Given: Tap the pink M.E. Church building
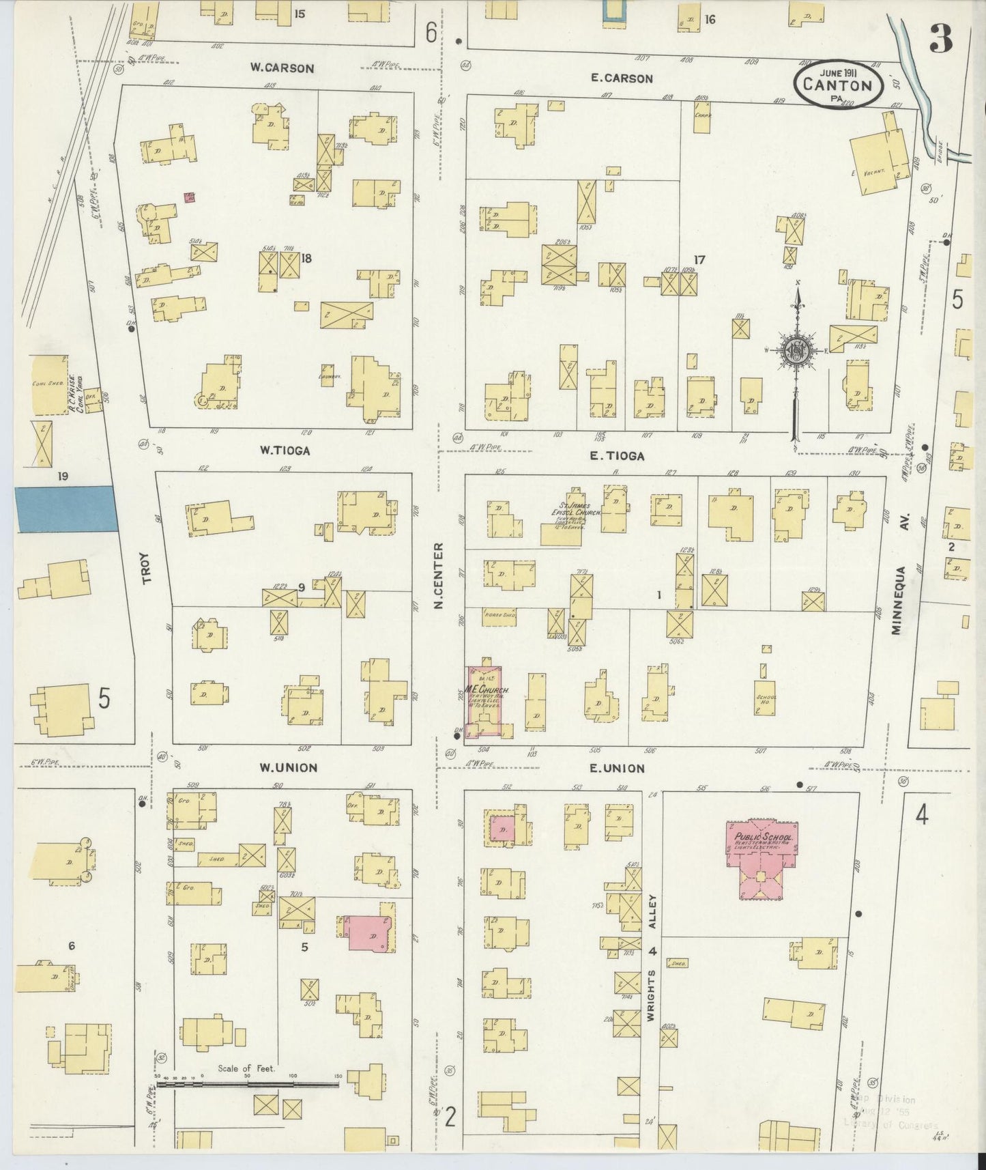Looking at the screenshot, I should (484, 700).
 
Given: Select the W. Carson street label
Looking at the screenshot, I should (282, 68).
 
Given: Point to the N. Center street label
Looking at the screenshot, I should (438, 575).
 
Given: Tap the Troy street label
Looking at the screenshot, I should (147, 572).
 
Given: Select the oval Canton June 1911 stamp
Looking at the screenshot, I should (838, 85).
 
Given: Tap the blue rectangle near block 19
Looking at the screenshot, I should (65, 509).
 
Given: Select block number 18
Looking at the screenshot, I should (306, 258).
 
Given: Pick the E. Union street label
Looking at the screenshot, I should (617, 768).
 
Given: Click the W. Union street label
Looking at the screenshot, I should (288, 767).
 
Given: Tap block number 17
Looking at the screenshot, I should (699, 259).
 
